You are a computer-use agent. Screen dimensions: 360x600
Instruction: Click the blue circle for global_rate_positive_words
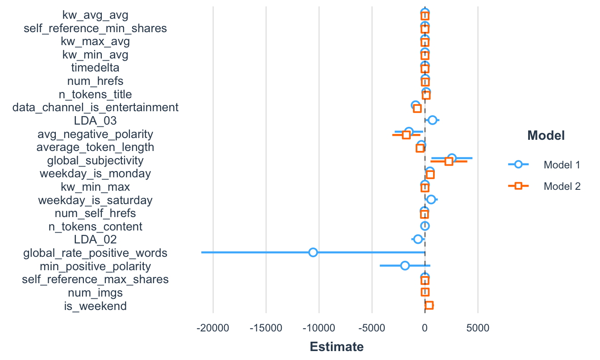click(313, 252)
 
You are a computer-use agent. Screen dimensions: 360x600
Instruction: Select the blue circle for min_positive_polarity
click(405, 266)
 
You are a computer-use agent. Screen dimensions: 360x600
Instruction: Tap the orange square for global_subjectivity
click(449, 161)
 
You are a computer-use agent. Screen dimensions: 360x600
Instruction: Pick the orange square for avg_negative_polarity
click(406, 135)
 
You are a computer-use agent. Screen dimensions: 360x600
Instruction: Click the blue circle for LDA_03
click(432, 120)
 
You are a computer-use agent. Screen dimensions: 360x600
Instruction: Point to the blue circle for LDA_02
click(418, 239)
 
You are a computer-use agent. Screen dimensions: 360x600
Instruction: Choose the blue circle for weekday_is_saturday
click(431, 199)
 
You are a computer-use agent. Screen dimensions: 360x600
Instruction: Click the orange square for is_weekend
click(429, 306)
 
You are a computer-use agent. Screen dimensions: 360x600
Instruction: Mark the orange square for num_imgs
click(425, 292)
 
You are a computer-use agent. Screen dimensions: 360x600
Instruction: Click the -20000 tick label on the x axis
click(213, 328)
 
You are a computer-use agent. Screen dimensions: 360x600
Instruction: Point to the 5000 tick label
click(478, 328)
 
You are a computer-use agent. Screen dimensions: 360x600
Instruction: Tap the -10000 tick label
click(319, 328)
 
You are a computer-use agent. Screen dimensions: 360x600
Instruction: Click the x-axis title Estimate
click(337, 347)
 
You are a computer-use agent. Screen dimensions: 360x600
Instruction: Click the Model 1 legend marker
click(518, 164)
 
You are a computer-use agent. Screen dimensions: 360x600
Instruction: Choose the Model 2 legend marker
click(518, 186)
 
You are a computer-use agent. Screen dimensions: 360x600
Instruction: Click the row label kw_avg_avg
click(95, 15)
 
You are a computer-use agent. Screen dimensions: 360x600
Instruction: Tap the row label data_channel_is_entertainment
click(95, 108)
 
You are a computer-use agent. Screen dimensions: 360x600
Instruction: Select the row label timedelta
click(95, 68)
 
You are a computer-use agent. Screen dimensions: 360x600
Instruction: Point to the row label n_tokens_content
click(95, 226)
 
